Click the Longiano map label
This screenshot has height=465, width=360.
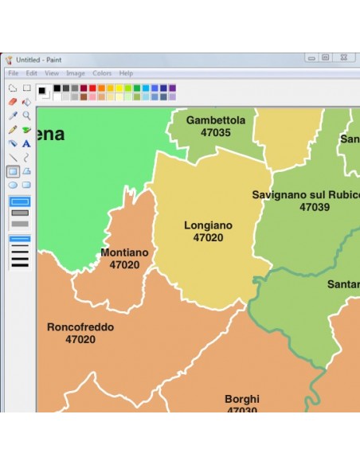(208, 225)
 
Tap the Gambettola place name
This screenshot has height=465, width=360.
(216, 120)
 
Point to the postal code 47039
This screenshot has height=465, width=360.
(315, 207)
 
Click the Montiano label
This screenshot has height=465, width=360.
(124, 252)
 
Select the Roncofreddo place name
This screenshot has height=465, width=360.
(80, 326)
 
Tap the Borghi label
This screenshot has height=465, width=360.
(242, 399)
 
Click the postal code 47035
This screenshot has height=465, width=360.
(216, 133)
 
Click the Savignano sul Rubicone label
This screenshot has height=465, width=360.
(305, 194)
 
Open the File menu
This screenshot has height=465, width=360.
(14, 73)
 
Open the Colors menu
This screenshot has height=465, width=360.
(102, 73)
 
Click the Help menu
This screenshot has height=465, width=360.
(126, 73)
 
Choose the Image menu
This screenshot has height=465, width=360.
(76, 73)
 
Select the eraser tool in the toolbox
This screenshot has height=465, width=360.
(13, 102)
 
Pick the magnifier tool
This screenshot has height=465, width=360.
(26, 115)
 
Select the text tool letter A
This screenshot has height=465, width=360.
(26, 143)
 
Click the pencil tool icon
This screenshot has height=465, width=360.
(13, 130)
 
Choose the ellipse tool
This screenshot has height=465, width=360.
(13, 185)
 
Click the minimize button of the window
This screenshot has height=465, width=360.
(311, 57)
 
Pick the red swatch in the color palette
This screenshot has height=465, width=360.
(92, 88)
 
